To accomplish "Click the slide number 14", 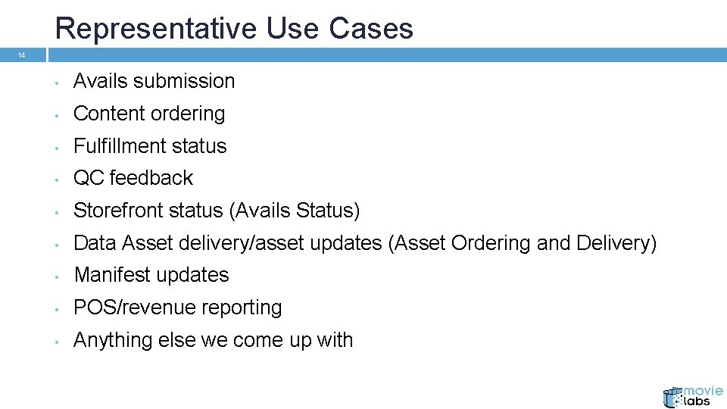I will (21, 55).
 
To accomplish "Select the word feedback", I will (151, 178).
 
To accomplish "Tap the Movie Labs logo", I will (692, 396).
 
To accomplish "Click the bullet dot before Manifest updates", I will (57, 276).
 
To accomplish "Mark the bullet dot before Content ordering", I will (57, 114).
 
